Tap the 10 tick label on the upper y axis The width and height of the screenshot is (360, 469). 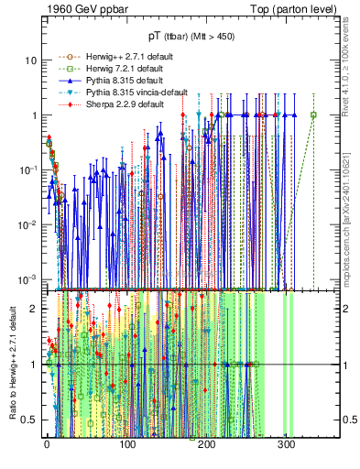point(32,60)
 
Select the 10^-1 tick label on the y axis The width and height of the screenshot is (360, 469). point(28,170)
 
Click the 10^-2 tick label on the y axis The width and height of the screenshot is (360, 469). point(28,224)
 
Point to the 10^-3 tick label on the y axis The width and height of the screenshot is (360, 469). point(28,279)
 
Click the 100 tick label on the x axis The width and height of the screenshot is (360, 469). point(127,448)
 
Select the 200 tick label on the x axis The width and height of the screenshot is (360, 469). point(207,448)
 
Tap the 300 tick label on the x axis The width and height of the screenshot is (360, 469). point(287,448)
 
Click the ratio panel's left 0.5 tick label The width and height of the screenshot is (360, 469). point(29,420)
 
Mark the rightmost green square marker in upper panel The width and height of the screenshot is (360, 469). point(313,115)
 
